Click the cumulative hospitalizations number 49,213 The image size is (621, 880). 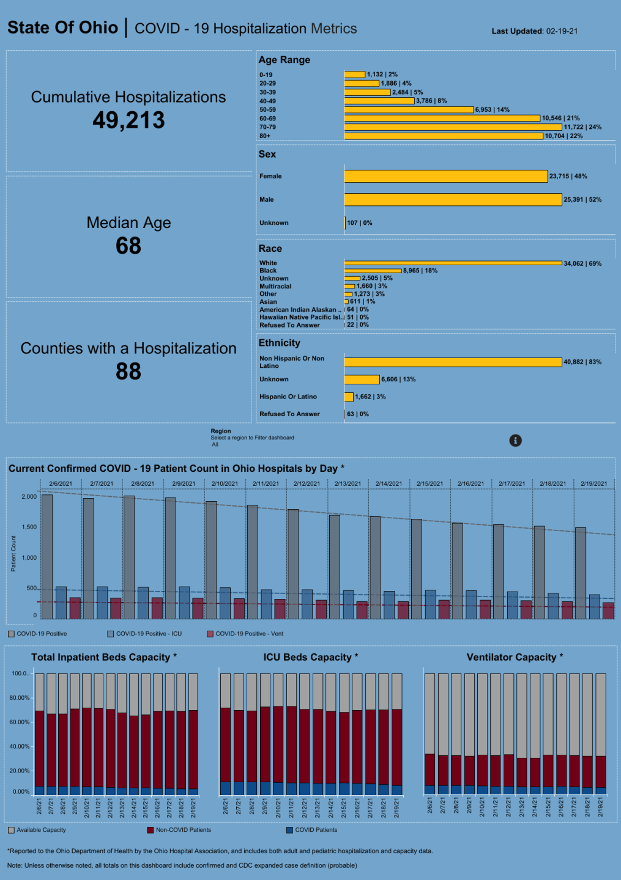click(128, 120)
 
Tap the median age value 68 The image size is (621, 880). click(128, 246)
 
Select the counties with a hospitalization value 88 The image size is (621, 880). click(128, 372)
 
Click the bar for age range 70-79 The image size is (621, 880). click(453, 127)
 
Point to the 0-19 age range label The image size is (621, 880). click(266, 75)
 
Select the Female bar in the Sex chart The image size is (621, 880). click(445, 176)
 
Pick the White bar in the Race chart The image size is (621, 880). click(453, 263)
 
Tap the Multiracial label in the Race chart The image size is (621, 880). click(275, 286)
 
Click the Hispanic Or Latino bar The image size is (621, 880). click(349, 397)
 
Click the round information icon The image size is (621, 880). click(516, 441)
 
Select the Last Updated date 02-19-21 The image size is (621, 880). click(562, 31)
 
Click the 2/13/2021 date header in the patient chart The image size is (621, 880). click(348, 483)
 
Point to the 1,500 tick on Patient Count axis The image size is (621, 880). click(29, 527)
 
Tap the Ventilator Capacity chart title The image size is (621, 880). click(515, 657)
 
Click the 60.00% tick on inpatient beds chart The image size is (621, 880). click(20, 722)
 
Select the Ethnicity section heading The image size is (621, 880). click(280, 343)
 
